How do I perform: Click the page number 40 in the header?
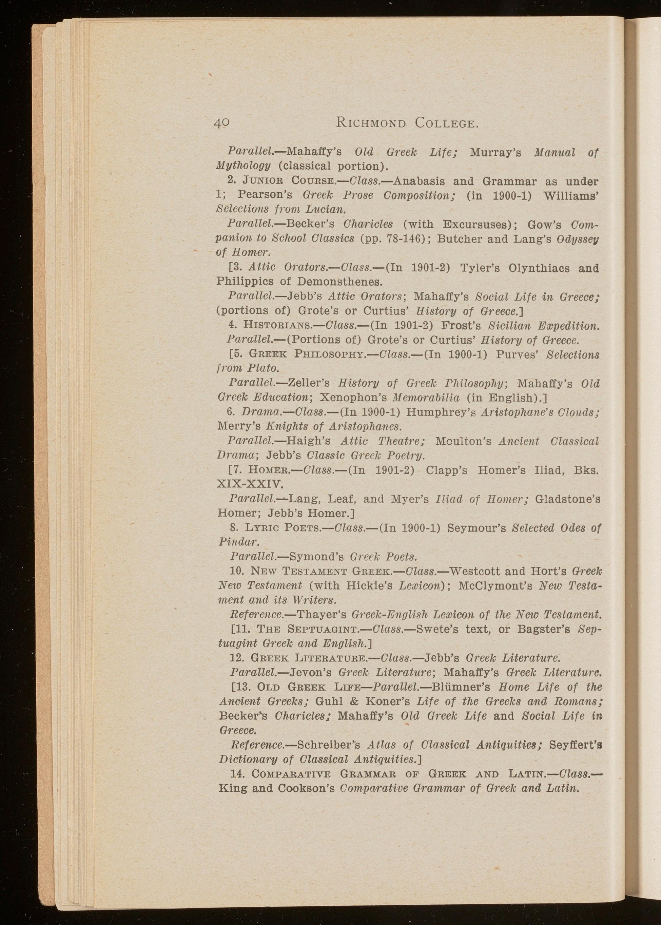coord(222,122)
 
